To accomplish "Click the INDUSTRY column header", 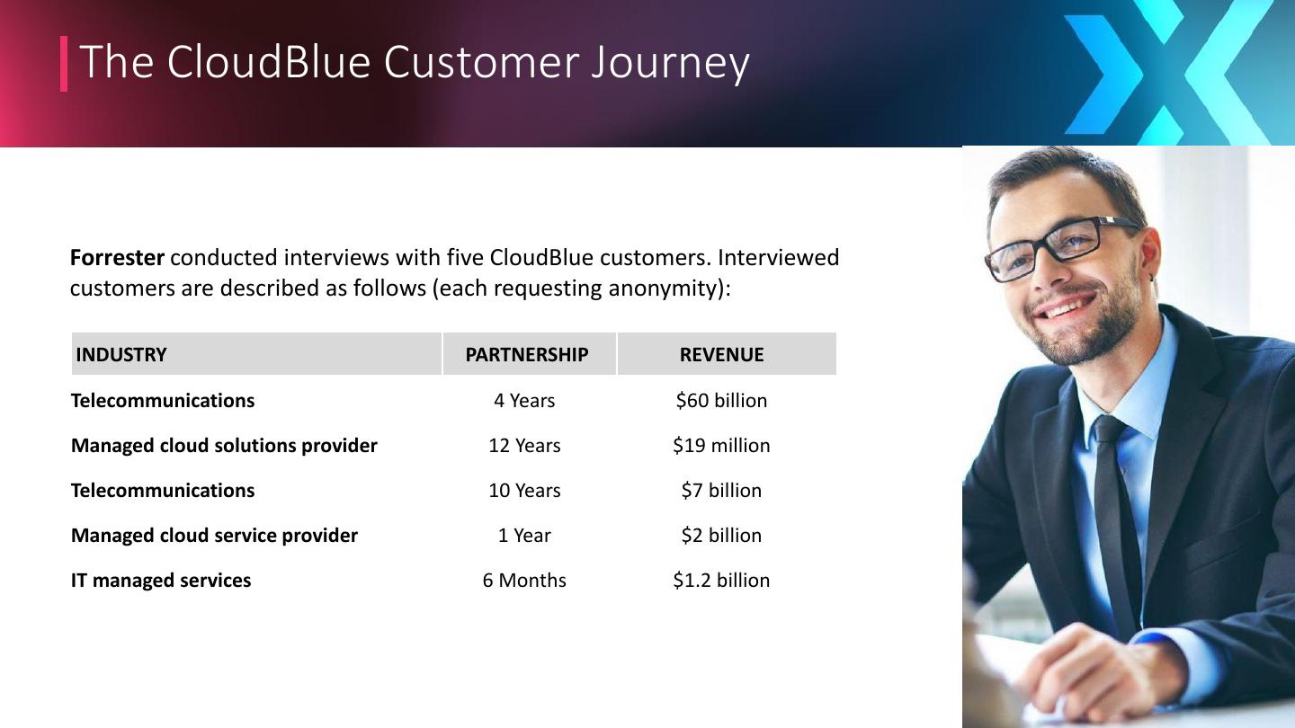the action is [x=121, y=354].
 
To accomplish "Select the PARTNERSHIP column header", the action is [x=527, y=354].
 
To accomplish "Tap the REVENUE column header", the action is [x=721, y=354].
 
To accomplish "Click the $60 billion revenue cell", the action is [x=721, y=401].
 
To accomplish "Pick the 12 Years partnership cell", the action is [x=524, y=446].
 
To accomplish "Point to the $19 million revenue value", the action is [x=721, y=446].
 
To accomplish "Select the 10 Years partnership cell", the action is [x=524, y=491].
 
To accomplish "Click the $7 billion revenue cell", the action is [x=721, y=491].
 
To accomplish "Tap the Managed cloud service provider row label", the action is [x=214, y=536].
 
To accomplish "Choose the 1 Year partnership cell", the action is [x=524, y=536].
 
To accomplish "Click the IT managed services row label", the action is [x=161, y=580].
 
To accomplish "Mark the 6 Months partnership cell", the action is [x=524, y=580].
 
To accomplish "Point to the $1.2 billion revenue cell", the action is [x=721, y=580].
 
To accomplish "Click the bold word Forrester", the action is [x=117, y=258].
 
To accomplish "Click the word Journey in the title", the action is [x=670, y=64].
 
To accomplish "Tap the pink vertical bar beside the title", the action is [x=64, y=64].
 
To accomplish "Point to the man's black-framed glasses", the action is [x=1061, y=247].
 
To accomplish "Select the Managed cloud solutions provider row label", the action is [x=224, y=446].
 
